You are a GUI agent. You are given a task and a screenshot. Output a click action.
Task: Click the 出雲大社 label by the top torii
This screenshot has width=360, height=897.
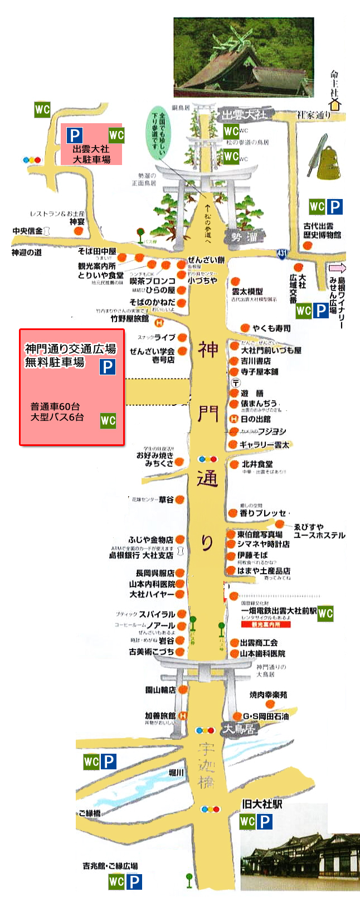click(x=244, y=115)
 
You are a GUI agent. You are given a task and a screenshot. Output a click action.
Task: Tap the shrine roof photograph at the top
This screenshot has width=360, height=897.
click(x=244, y=57)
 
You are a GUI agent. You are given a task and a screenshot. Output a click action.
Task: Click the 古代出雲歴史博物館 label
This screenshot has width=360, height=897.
click(x=323, y=231)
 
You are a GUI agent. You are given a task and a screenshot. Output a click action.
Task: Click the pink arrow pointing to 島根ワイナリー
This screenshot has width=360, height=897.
click(x=337, y=269)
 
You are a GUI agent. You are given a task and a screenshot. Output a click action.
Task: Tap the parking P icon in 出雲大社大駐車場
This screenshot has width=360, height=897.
click(x=75, y=135)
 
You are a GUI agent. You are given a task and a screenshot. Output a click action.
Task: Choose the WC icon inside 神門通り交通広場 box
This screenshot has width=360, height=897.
click(x=108, y=420)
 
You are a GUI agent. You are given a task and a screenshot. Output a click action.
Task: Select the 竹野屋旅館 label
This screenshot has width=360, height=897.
click(x=130, y=318)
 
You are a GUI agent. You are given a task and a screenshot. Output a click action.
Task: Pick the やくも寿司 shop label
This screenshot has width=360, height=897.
click(x=271, y=328)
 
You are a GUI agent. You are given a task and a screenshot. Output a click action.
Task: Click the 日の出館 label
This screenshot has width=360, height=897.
click(x=255, y=419)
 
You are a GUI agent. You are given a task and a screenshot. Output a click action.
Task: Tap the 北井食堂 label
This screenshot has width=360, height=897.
click(x=257, y=464)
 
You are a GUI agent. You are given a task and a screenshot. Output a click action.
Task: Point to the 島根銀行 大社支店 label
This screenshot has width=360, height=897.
click(x=141, y=555)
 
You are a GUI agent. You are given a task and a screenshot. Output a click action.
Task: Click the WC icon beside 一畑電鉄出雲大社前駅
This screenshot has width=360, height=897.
click(x=325, y=613)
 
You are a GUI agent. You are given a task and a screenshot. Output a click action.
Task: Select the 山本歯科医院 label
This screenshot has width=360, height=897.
click(x=262, y=653)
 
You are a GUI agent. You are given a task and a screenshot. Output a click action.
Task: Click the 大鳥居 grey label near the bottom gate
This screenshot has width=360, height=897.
click(x=240, y=729)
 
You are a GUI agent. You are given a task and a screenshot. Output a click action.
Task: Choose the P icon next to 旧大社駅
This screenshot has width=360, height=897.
click(x=265, y=821)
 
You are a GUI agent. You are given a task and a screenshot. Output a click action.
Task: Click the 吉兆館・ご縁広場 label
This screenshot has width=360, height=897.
click(x=110, y=866)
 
